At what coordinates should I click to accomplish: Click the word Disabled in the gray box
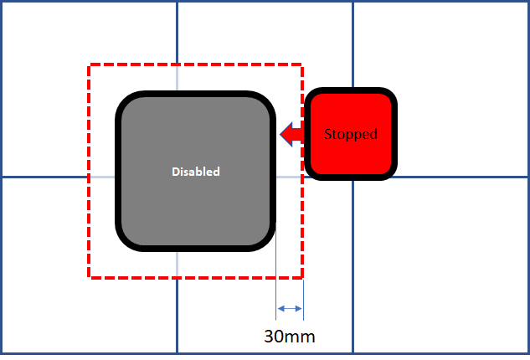tap(196, 172)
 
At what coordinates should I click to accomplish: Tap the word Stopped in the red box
tap(351, 134)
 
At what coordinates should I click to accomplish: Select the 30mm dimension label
tap(290, 337)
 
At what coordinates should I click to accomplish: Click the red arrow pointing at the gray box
tap(292, 134)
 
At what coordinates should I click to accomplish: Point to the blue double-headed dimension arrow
tap(290, 308)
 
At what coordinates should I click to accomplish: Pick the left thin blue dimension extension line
tap(275, 271)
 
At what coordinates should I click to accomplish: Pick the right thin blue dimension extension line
tap(303, 300)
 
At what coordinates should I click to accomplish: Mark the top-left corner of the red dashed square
tap(89, 64)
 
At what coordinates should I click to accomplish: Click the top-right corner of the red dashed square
tap(302, 64)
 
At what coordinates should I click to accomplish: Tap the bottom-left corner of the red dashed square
tap(89, 277)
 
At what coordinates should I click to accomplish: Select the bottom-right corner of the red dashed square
tap(302, 277)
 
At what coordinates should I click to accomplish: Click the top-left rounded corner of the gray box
tap(125, 100)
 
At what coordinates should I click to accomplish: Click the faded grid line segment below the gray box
tap(177, 264)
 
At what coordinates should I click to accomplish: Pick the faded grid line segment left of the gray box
tap(103, 177)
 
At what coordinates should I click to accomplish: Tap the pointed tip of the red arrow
tap(280, 134)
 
